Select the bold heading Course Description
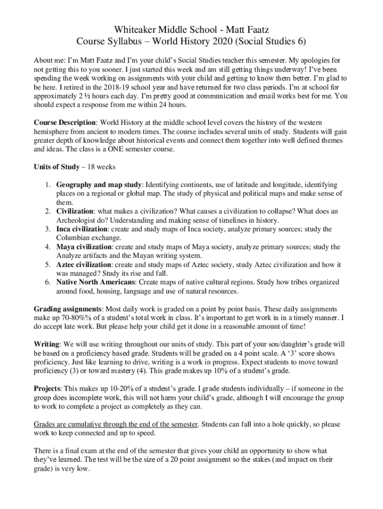[x=65, y=123]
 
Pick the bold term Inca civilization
[x=82, y=229]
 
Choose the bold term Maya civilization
[x=84, y=247]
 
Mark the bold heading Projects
[x=48, y=389]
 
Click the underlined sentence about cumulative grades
[x=116, y=424]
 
